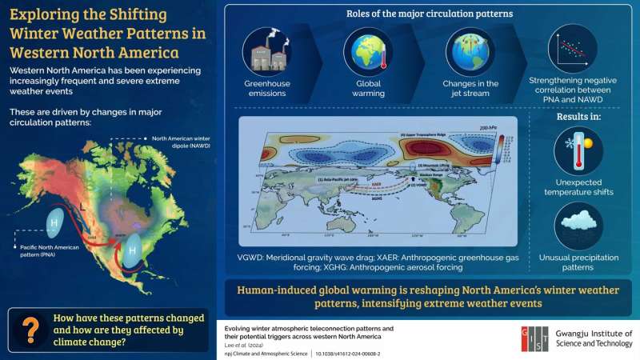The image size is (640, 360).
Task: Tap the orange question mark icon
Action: click(31, 328)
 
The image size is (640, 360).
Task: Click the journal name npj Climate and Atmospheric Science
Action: click(272, 351)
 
